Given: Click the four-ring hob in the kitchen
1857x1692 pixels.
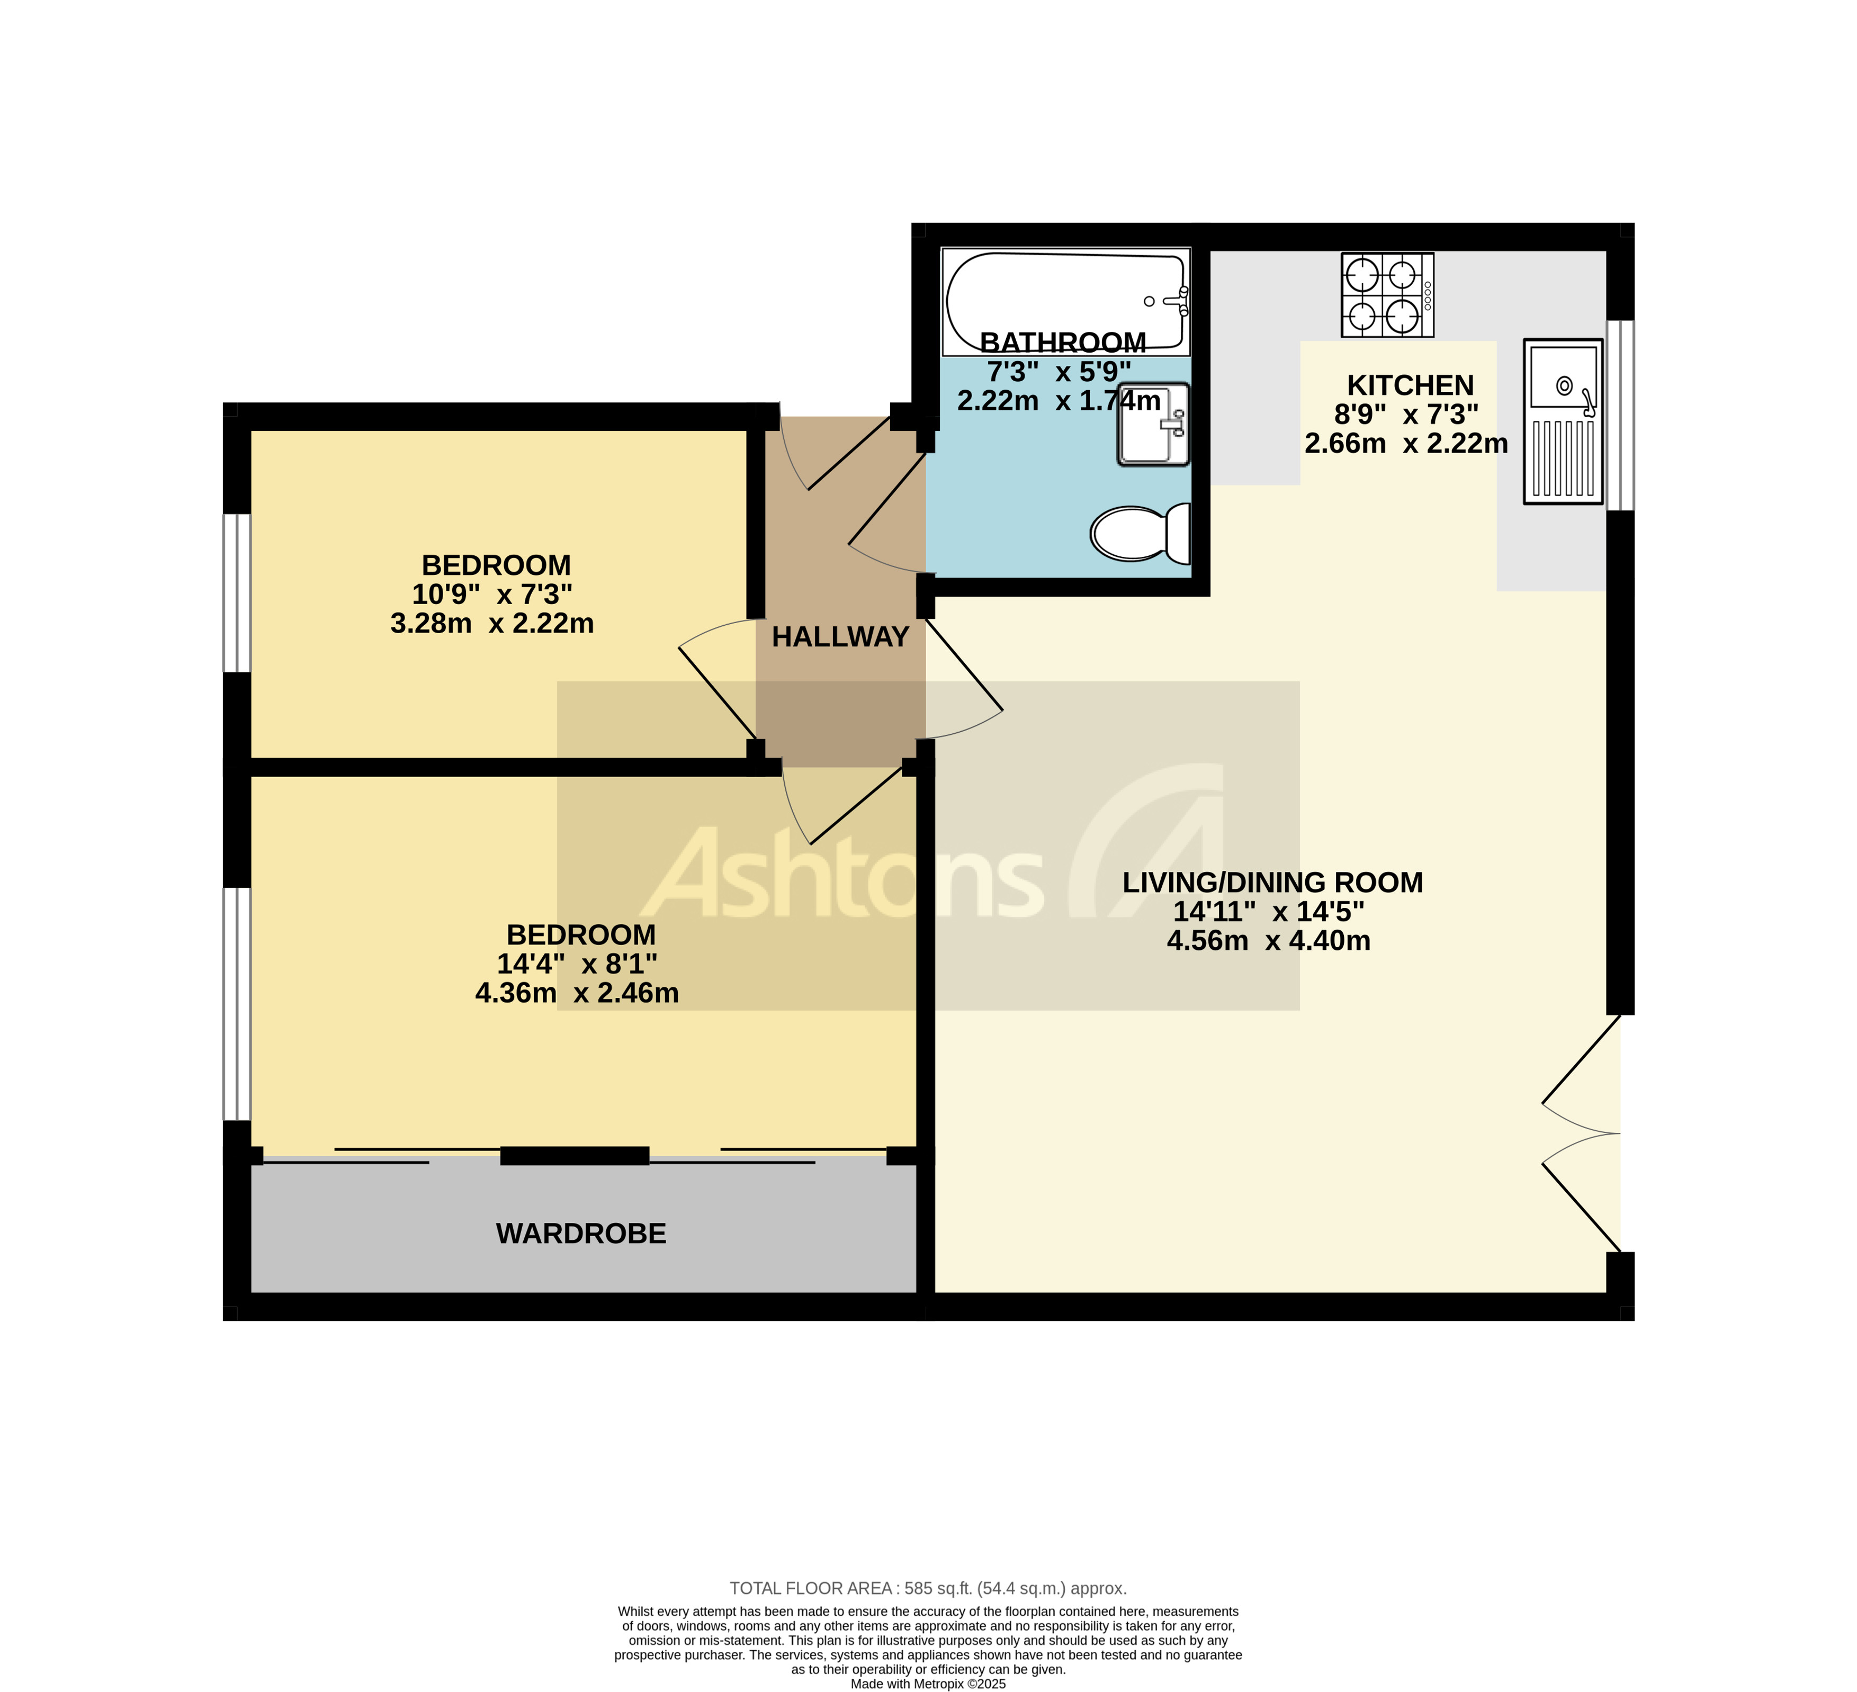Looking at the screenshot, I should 1387,295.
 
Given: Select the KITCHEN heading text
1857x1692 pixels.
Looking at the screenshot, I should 1410,385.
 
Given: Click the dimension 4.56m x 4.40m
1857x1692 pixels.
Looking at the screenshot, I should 1268,941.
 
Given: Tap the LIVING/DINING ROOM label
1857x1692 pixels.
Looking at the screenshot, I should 1272,883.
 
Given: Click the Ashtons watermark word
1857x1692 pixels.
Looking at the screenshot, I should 843,875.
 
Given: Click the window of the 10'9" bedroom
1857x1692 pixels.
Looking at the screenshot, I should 237,593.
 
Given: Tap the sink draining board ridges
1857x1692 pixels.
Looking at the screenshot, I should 1563,458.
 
